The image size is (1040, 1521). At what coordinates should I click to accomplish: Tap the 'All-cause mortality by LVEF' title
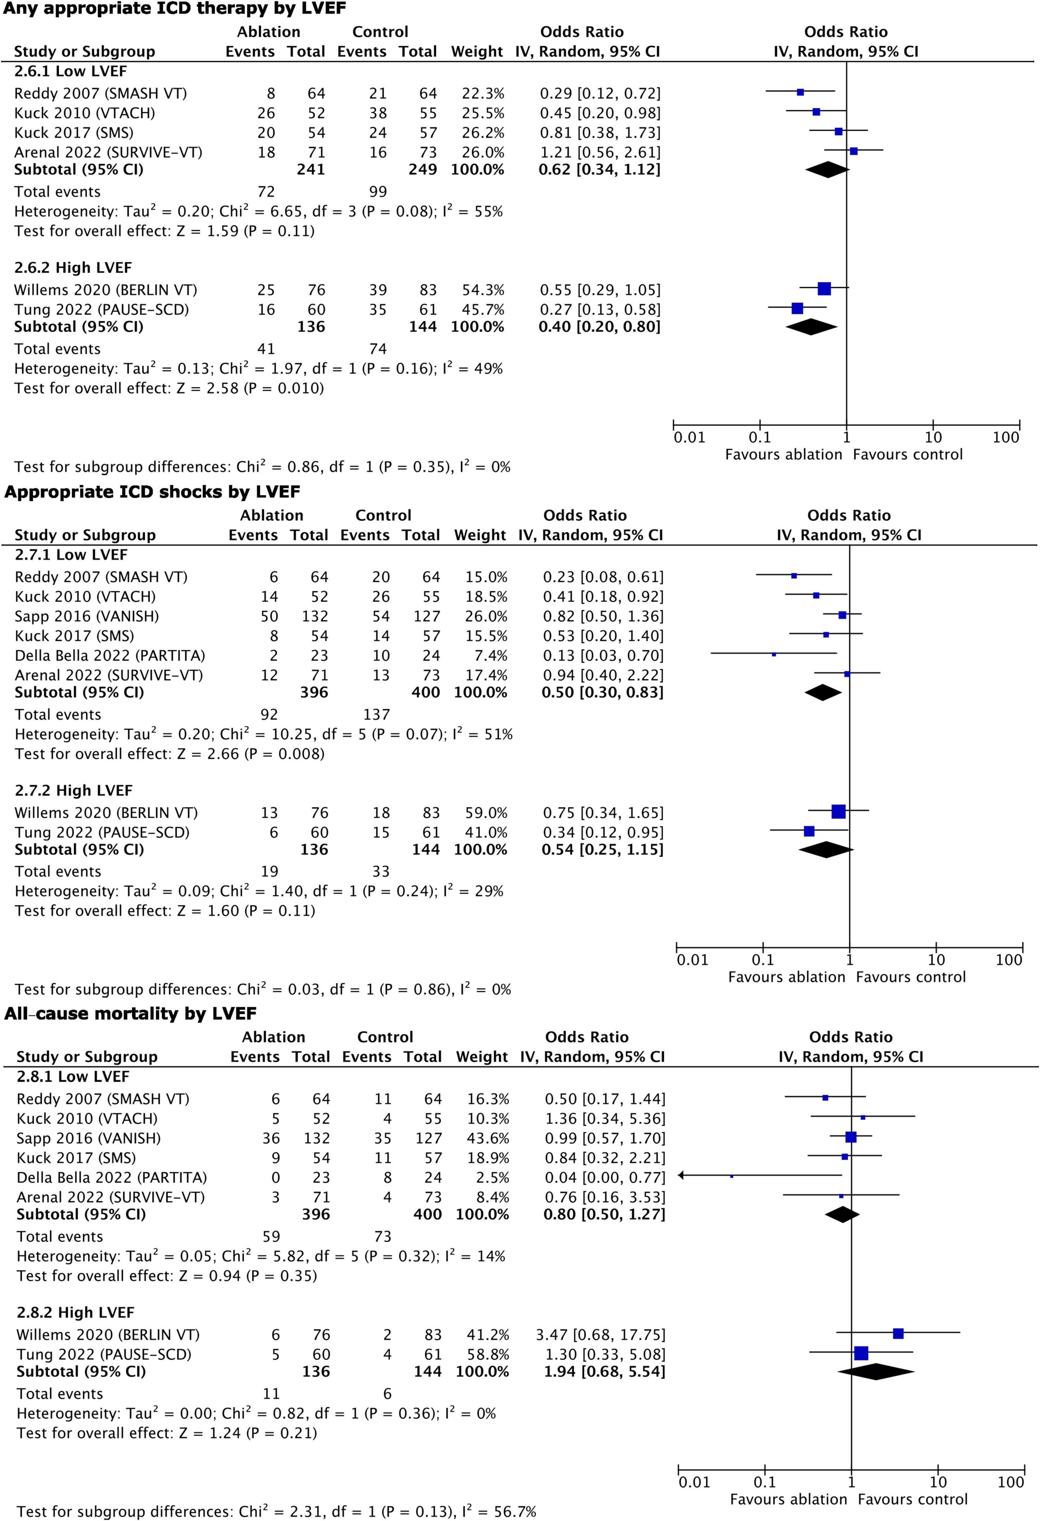(x=131, y=1014)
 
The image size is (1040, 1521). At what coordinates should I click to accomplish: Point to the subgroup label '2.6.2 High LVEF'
(x=73, y=268)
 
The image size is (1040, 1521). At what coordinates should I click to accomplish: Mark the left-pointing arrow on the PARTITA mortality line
(x=682, y=1175)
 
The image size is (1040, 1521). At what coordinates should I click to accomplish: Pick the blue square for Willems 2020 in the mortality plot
(x=898, y=1333)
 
